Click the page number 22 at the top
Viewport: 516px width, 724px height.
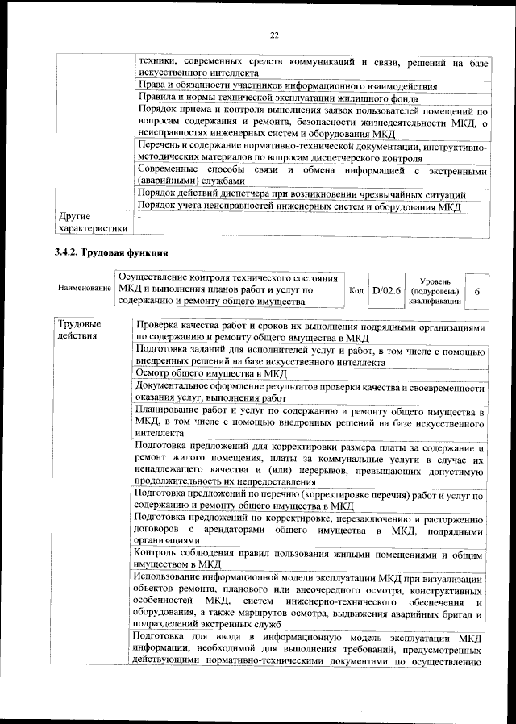[273, 35]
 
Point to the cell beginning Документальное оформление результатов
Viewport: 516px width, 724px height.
[310, 393]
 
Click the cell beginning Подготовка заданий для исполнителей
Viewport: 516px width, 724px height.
[310, 356]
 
